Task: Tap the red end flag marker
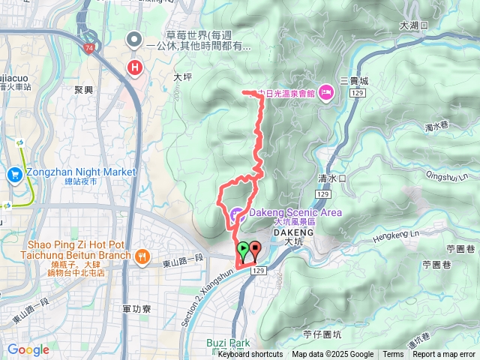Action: [x=254, y=249]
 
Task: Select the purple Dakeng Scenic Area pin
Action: [x=236, y=213]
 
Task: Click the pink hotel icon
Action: [x=325, y=93]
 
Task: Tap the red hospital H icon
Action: [x=135, y=68]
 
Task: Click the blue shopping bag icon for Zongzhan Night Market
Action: [x=15, y=175]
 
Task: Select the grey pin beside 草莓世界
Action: [x=134, y=38]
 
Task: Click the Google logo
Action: [x=28, y=349]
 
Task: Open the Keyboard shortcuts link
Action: [x=250, y=355]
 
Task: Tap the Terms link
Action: [x=393, y=355]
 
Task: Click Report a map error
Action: [x=445, y=355]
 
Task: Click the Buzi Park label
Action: [x=228, y=343]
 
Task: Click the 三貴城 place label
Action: [x=355, y=80]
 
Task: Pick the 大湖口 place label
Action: [x=413, y=25]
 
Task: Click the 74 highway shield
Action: [x=90, y=47]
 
